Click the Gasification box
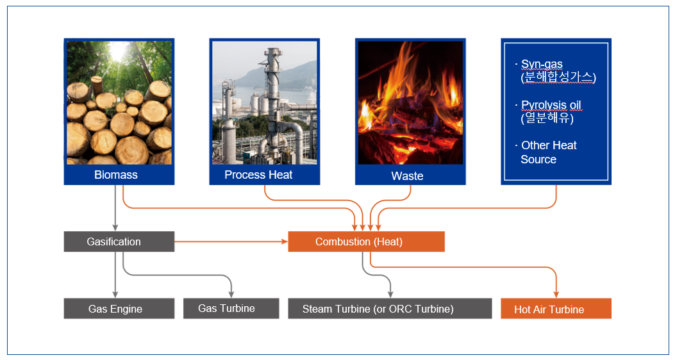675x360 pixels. (x=119, y=241)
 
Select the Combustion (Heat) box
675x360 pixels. (x=366, y=241)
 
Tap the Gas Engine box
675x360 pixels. (x=119, y=308)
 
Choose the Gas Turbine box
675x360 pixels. (x=231, y=308)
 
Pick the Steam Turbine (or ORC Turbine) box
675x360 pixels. (x=390, y=308)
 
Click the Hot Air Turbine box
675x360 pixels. (x=556, y=308)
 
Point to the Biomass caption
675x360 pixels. (x=116, y=175)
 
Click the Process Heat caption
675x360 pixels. (x=258, y=175)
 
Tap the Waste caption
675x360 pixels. (x=407, y=176)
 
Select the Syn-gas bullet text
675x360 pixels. (x=542, y=64)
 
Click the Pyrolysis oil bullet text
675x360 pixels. (x=551, y=105)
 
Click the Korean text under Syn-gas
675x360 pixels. (x=558, y=78)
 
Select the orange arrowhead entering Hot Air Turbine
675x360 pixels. (x=556, y=295)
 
